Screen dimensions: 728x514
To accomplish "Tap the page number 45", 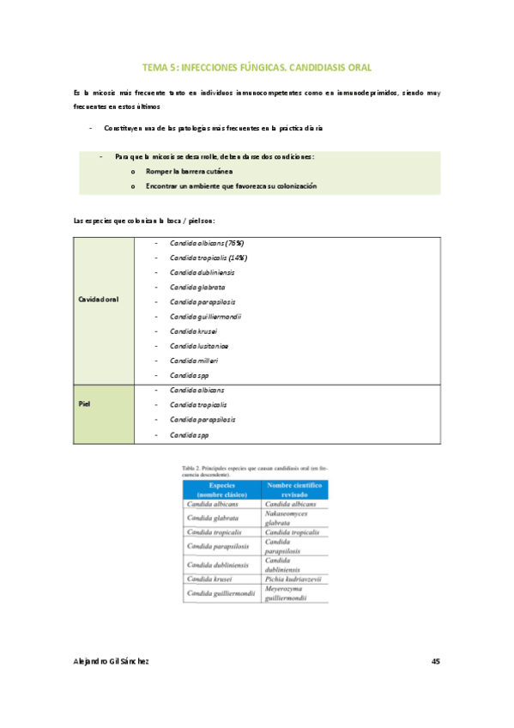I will pyautogui.click(x=435, y=661).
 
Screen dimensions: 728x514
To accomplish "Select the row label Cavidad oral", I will pyautogui.click(x=99, y=300).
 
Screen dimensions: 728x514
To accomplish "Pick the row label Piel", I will pyautogui.click(x=84, y=404).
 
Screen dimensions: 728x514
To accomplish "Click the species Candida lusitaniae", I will pyautogui.click(x=199, y=346).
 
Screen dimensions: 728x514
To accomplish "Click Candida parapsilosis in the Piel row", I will pyautogui.click(x=203, y=420).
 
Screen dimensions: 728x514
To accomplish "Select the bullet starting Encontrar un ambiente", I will pyautogui.click(x=231, y=185).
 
